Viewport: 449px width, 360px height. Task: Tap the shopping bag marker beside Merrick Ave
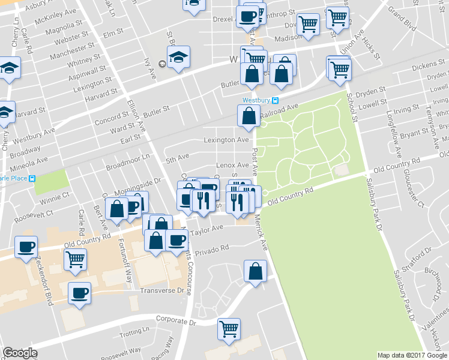256,271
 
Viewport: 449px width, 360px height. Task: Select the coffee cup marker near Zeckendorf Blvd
26,247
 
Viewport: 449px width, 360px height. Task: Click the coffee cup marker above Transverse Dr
79,293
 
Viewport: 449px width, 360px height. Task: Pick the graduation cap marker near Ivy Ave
178,58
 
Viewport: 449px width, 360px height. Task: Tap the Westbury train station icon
275,100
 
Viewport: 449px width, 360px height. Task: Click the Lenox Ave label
234,165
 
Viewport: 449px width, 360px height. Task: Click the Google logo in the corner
20,353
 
